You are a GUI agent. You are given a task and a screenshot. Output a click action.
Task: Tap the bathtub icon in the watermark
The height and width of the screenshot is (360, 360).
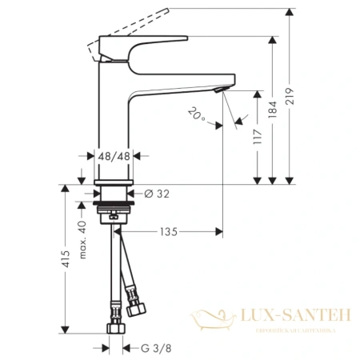(x=215, y=323)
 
